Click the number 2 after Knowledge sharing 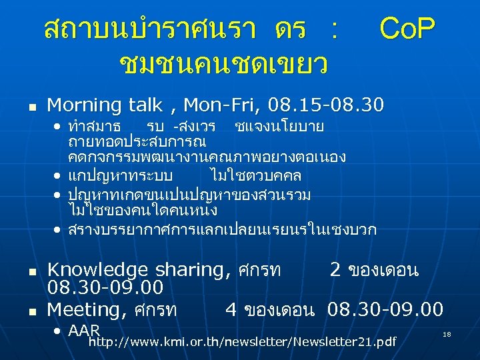336,270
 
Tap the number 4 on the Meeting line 232,309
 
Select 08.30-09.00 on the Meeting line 385,309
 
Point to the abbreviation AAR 84,331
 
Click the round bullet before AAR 59,331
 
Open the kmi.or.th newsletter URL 242,343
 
